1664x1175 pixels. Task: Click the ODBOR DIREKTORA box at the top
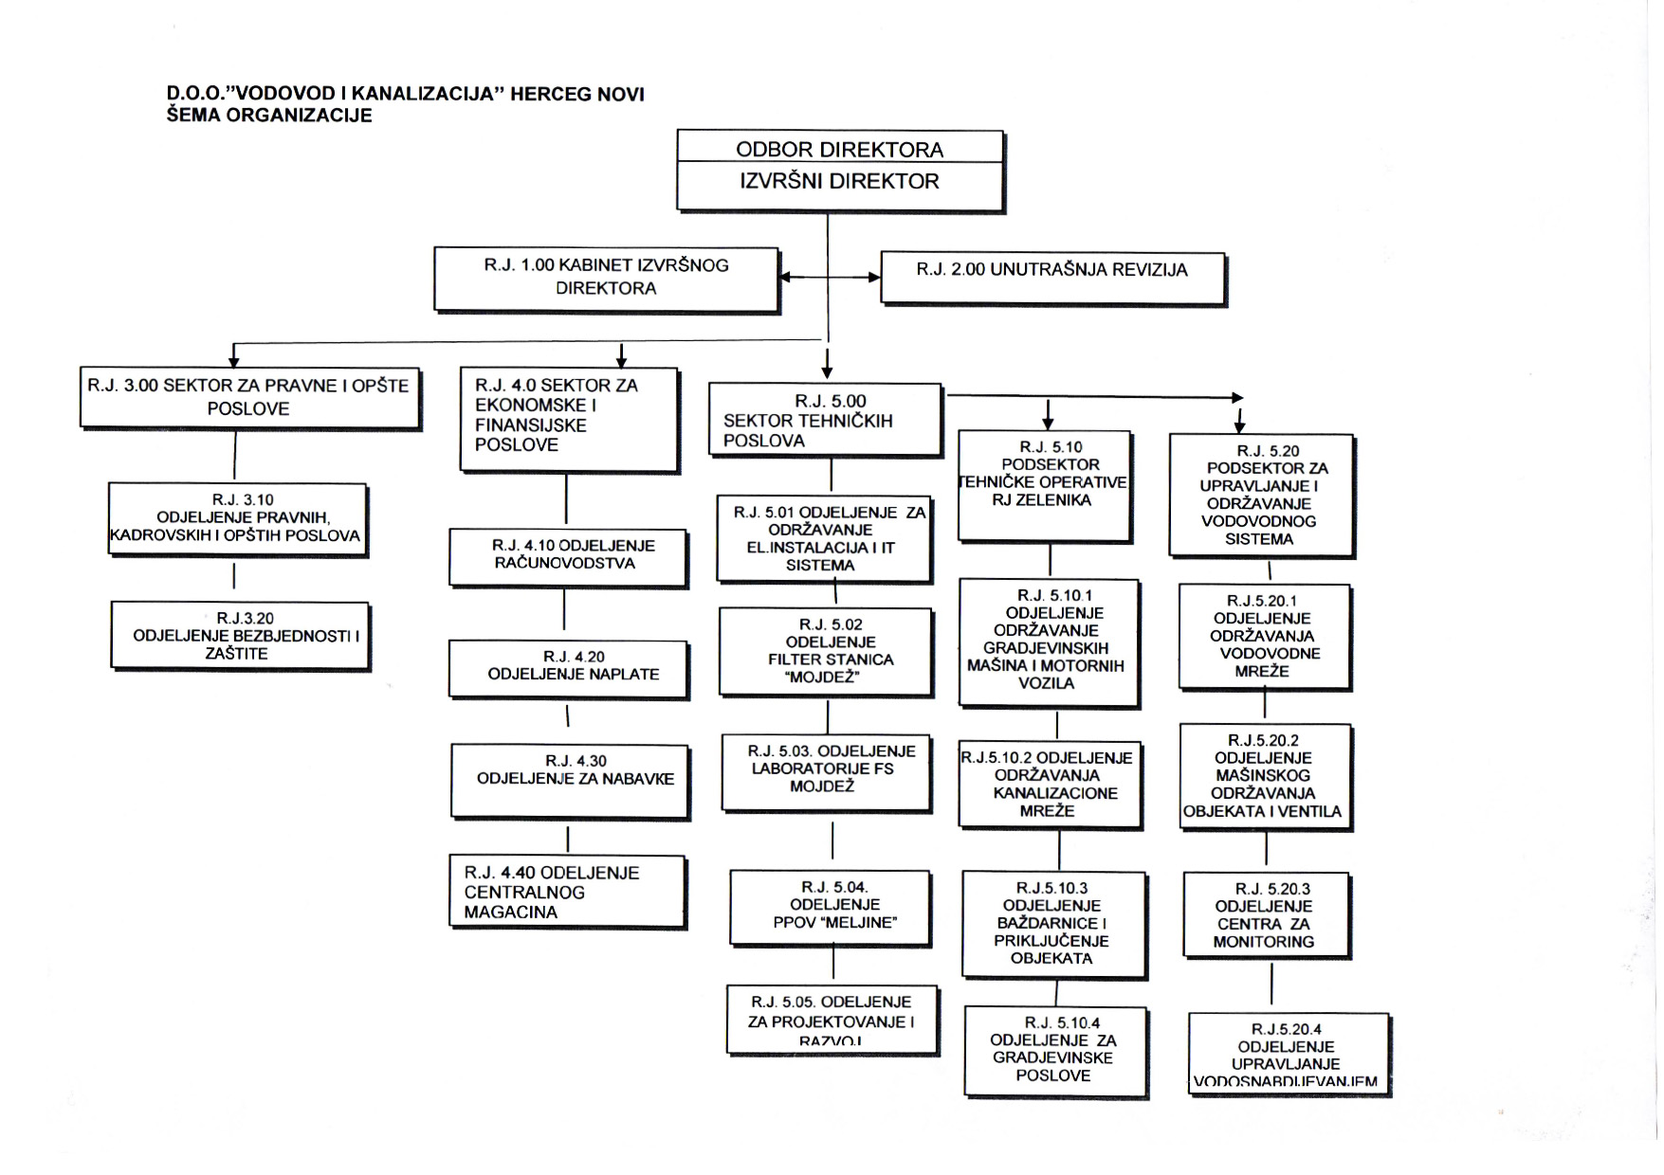click(839, 149)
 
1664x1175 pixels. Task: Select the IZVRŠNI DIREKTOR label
click(839, 182)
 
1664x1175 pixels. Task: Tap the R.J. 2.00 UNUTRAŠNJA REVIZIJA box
click(1051, 276)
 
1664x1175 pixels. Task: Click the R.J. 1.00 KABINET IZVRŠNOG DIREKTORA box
click(606, 278)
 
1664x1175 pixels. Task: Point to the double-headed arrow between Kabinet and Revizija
click(830, 278)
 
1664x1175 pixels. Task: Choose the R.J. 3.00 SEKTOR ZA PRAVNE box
click(249, 397)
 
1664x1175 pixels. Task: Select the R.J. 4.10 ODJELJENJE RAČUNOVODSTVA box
click(567, 555)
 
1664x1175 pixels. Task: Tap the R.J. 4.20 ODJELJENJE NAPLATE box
click(568, 668)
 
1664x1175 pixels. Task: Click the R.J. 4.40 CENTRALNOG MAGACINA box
click(567, 892)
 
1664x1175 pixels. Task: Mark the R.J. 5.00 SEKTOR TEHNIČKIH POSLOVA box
click(825, 420)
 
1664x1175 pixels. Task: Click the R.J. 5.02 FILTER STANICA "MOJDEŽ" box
click(826, 651)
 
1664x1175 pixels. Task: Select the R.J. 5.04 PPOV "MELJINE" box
click(830, 906)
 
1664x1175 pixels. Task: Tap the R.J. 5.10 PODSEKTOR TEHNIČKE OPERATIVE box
click(1044, 484)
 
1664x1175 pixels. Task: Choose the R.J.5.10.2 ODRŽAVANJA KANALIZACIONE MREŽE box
click(1050, 785)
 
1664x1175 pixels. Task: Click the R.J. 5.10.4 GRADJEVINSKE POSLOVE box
click(1054, 1050)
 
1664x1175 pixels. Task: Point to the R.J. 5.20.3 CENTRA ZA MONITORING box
click(1266, 914)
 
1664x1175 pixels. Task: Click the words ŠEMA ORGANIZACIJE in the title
click(269, 116)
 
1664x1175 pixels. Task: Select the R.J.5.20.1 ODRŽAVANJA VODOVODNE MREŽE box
click(1264, 636)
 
